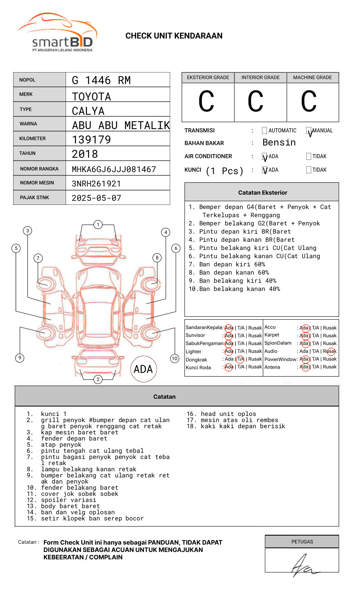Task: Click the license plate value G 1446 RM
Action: (x=101, y=80)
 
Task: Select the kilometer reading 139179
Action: (x=91, y=140)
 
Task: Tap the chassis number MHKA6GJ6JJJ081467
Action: (x=114, y=169)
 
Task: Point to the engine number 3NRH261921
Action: (x=96, y=184)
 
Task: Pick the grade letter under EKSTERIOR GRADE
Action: (x=207, y=102)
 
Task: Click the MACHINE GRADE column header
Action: (x=312, y=77)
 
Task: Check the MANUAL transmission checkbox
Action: (x=309, y=131)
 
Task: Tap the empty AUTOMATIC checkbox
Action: (x=264, y=131)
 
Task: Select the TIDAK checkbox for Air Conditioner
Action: (x=309, y=157)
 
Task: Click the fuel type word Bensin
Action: (x=279, y=143)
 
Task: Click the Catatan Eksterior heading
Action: (x=262, y=193)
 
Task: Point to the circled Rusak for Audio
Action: (x=330, y=351)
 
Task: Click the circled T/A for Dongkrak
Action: (x=241, y=359)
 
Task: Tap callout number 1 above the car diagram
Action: (x=98, y=225)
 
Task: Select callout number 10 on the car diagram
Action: (x=175, y=359)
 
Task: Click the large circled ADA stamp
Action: (x=143, y=369)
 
